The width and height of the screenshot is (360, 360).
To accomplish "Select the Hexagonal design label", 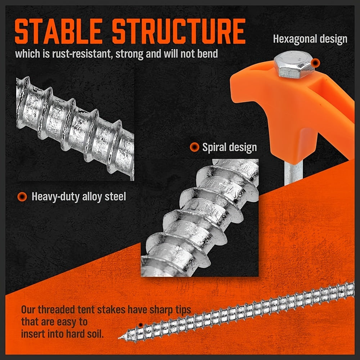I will [x=310, y=39].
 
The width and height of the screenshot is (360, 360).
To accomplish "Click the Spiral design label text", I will [x=229, y=147].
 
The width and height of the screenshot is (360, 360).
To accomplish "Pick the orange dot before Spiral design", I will [x=194, y=147].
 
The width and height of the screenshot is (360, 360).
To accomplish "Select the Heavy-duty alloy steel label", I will [x=79, y=197].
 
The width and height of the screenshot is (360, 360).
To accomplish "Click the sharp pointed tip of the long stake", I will [x=121, y=338].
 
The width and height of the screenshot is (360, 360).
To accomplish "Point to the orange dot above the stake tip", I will [x=141, y=325].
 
